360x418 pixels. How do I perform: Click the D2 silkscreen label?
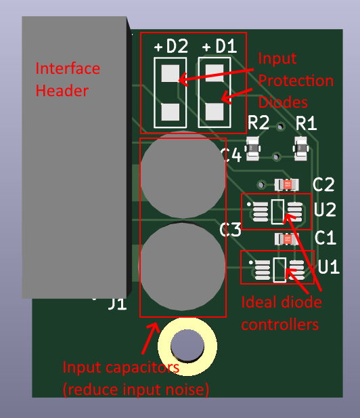(177, 46)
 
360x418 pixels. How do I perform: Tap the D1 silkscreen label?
(226, 46)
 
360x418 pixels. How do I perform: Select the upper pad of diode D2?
(170, 73)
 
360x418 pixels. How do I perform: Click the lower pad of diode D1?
(215, 112)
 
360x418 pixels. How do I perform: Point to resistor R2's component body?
(252, 148)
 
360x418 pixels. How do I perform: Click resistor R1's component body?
(300, 148)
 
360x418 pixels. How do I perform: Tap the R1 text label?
(307, 123)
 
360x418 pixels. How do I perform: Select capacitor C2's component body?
(287, 184)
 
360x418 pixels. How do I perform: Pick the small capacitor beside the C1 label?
(287, 239)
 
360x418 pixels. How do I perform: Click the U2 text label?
(325, 209)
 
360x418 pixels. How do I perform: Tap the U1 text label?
(329, 266)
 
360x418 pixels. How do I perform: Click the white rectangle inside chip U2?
(277, 211)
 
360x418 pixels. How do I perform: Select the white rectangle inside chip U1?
(279, 270)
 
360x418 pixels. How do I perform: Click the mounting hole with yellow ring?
(187, 346)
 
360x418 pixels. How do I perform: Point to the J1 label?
(117, 304)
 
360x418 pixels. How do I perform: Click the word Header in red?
(62, 91)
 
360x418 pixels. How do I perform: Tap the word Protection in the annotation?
(296, 80)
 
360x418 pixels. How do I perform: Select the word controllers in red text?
(280, 325)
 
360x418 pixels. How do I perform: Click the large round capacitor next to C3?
(183, 266)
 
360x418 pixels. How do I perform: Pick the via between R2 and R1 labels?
(280, 127)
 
